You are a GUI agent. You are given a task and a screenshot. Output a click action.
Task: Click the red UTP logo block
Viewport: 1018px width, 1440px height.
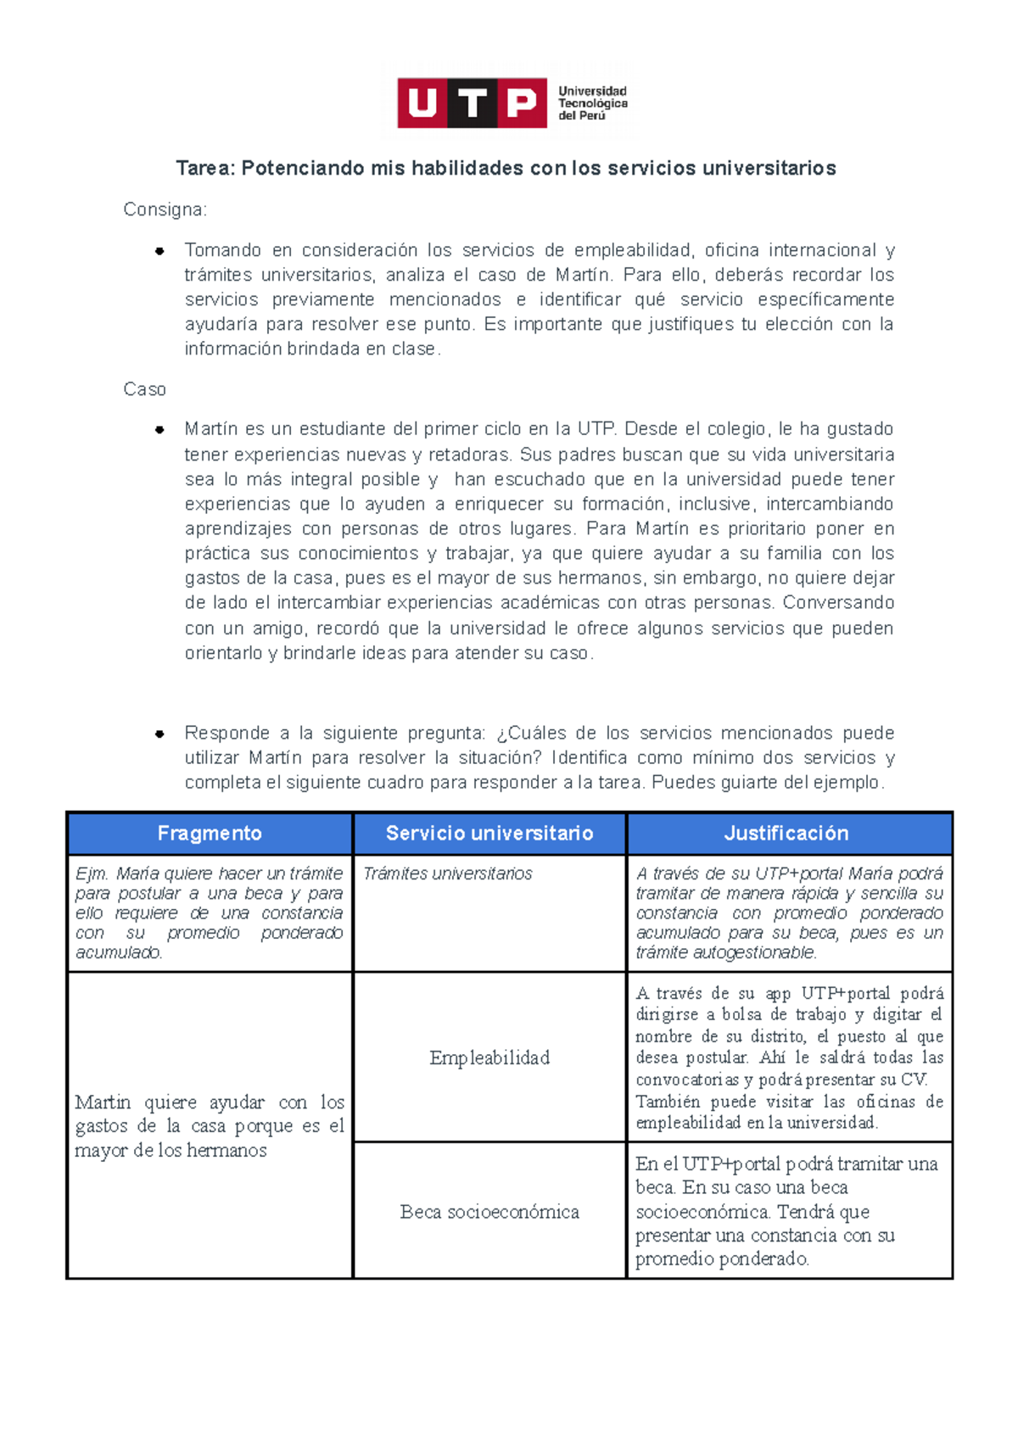472,103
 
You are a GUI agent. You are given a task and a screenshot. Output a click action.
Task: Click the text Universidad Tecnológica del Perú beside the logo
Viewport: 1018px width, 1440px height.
592,103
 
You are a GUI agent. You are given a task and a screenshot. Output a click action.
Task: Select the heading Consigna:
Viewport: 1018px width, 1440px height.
165,209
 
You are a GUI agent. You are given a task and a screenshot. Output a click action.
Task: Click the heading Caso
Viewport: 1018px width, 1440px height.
144,389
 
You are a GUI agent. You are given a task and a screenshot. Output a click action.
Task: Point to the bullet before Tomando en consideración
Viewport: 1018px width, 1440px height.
159,251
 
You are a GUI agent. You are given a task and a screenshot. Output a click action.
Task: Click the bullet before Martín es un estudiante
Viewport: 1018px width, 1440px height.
159,430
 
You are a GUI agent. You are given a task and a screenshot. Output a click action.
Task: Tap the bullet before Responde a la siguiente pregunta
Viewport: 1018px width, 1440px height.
159,734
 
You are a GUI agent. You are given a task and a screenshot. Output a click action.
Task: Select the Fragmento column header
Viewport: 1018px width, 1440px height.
210,834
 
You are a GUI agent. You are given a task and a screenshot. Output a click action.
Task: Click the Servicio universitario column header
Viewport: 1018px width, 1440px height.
489,834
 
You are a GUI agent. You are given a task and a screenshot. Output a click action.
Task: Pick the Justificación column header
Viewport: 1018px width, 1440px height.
786,834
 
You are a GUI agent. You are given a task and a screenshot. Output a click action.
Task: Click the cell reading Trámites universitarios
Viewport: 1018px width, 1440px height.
448,873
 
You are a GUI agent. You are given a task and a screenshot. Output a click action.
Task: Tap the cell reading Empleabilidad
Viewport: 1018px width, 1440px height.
489,1058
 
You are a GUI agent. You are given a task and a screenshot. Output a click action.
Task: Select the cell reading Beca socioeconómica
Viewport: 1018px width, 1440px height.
489,1212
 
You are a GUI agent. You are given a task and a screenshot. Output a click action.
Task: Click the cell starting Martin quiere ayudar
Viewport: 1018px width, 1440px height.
210,1126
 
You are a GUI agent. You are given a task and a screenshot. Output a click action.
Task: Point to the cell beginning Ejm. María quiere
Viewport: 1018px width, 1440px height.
210,913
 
